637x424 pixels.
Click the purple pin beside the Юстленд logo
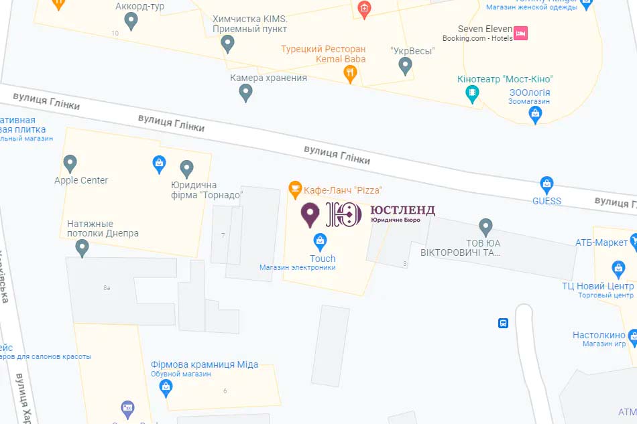click(x=310, y=214)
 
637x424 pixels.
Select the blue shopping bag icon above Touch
click(x=321, y=240)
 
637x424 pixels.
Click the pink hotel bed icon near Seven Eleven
click(x=521, y=32)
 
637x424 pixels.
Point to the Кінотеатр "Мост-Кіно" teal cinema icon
click(x=473, y=93)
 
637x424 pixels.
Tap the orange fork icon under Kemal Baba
click(x=349, y=73)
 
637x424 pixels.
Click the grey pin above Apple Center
click(x=70, y=163)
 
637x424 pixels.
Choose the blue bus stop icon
click(x=503, y=324)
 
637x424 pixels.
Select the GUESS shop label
click(x=546, y=201)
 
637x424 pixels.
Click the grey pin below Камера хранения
click(x=246, y=92)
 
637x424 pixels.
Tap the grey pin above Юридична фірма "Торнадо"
click(x=186, y=168)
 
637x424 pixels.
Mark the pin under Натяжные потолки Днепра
click(x=82, y=248)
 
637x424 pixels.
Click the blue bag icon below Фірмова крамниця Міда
click(x=166, y=386)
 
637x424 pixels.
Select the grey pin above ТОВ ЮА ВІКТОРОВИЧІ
click(x=486, y=227)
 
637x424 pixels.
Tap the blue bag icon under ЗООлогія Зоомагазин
click(x=535, y=115)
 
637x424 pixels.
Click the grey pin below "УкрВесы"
click(x=405, y=66)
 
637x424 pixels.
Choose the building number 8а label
click(x=107, y=288)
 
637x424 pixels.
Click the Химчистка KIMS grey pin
click(x=228, y=44)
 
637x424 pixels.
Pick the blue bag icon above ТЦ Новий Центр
click(x=618, y=269)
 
